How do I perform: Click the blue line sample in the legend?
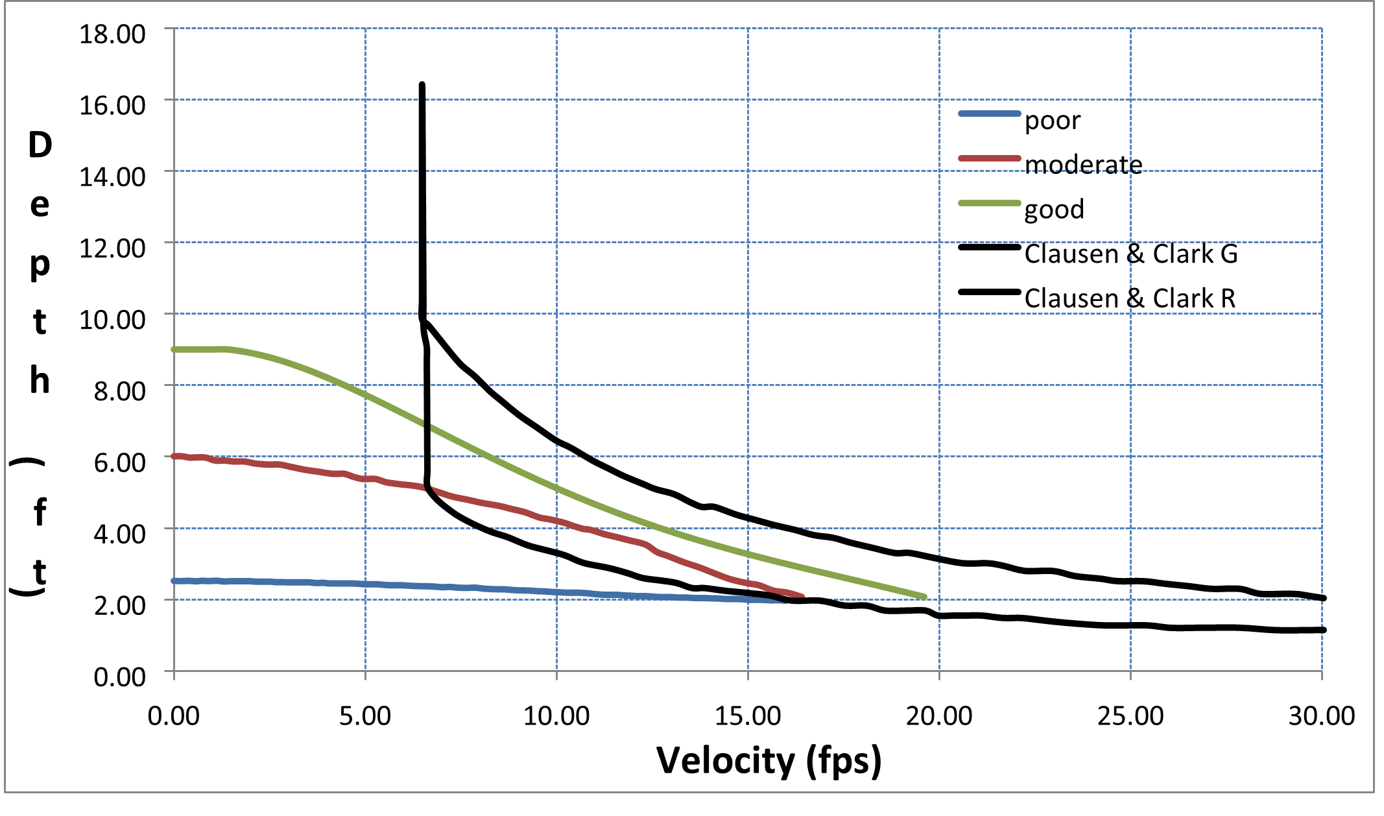click(x=990, y=114)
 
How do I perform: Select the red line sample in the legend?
click(x=990, y=158)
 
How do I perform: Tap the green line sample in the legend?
click(x=990, y=203)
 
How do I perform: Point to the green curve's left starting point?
click(x=174, y=350)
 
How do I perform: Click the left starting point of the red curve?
click(x=174, y=456)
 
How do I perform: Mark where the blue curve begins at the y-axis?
click(x=174, y=581)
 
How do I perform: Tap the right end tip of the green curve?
click(x=924, y=597)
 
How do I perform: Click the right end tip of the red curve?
click(x=803, y=595)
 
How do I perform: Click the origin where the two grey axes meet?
click(x=174, y=671)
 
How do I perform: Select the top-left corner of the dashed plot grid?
click(x=174, y=28)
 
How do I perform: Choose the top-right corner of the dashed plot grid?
click(x=1322, y=28)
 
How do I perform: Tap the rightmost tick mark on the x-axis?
click(x=1322, y=676)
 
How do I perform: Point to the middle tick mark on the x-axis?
click(x=748, y=676)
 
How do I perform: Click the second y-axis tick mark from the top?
click(x=169, y=99)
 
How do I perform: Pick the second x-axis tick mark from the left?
click(x=365, y=676)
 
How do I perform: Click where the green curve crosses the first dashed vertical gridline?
click(x=365, y=394)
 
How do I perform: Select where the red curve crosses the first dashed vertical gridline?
click(x=365, y=479)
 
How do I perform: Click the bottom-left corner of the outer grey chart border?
click(x=5, y=792)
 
